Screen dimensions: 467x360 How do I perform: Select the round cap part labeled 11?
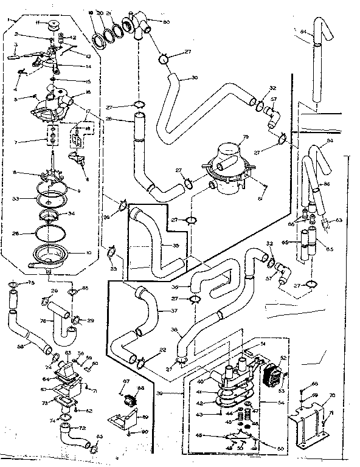tap(52, 25)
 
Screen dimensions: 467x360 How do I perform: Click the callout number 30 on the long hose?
tap(194, 77)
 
